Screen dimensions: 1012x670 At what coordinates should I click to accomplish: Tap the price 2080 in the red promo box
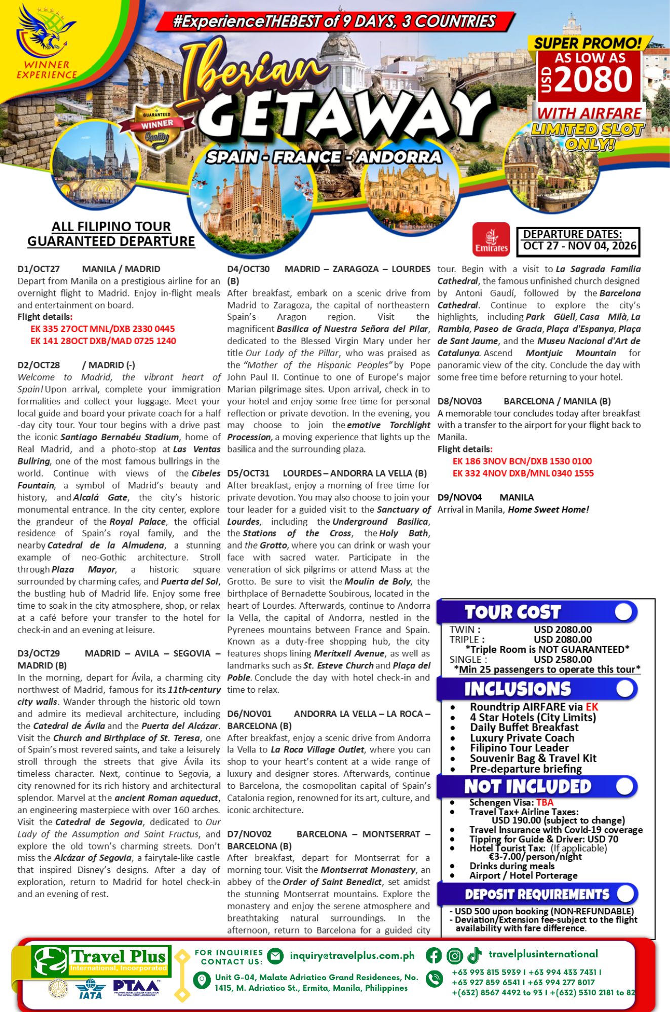click(595, 79)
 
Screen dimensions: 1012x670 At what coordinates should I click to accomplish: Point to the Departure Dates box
click(578, 241)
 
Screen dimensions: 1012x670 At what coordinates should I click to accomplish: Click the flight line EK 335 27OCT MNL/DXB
click(102, 329)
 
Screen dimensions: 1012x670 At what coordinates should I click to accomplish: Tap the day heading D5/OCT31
click(248, 474)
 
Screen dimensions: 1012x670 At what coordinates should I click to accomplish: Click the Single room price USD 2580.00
click(562, 659)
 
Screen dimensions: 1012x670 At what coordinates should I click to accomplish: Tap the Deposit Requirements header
click(537, 895)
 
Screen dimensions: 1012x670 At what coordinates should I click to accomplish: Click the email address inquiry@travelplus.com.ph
click(352, 955)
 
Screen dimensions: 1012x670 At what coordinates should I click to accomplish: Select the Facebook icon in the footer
click(433, 955)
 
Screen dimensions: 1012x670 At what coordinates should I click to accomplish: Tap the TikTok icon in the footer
click(475, 955)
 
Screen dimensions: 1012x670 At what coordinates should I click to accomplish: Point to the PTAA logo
click(136, 987)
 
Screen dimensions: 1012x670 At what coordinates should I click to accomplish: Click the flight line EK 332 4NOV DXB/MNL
click(523, 474)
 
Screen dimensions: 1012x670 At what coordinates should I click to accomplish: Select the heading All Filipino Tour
click(111, 227)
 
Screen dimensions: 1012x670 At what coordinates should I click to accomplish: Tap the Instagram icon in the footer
click(454, 955)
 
